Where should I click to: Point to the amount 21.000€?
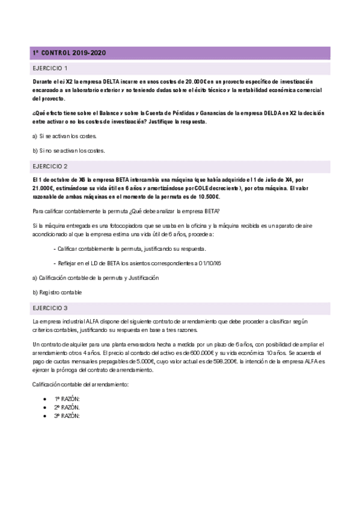pyautogui.click(x=45, y=188)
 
